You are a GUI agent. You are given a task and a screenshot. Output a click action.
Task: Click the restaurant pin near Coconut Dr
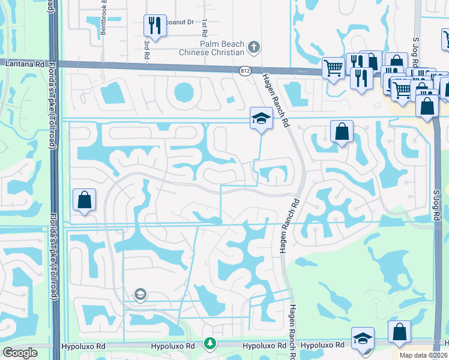[155, 25]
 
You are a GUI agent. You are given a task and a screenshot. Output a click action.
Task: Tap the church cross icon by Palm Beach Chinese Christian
[254, 46]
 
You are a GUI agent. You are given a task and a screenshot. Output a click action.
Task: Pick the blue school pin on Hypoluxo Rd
[363, 338]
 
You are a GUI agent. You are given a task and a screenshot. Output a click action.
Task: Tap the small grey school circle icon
[140, 293]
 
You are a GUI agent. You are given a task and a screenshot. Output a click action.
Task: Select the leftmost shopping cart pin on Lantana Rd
[333, 67]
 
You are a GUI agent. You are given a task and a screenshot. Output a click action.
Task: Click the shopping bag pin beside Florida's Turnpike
[85, 200]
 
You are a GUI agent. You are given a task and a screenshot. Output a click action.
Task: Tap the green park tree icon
[209, 344]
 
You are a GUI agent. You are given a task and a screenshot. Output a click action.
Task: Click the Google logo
[20, 353]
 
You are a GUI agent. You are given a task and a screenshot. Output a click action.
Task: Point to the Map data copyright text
[423, 355]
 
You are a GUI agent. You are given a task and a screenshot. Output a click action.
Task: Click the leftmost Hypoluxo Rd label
[79, 346]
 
